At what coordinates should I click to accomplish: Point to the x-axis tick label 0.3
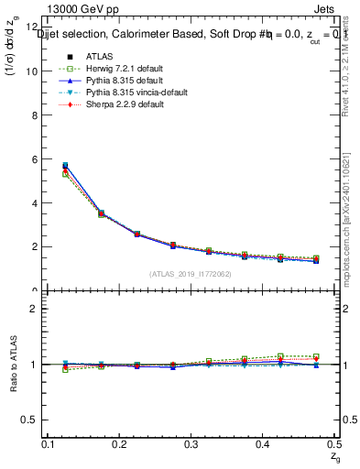click(x=191, y=444)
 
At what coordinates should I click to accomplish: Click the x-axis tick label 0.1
click(x=49, y=444)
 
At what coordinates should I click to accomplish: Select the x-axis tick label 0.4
click(x=263, y=444)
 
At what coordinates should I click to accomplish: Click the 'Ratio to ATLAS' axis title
click(x=12, y=365)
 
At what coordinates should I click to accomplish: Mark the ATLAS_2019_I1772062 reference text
click(x=191, y=274)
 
